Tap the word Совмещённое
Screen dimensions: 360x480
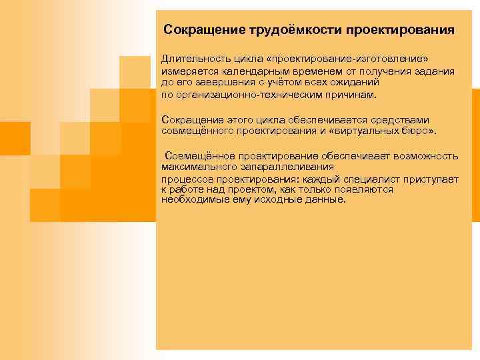click(196, 156)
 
